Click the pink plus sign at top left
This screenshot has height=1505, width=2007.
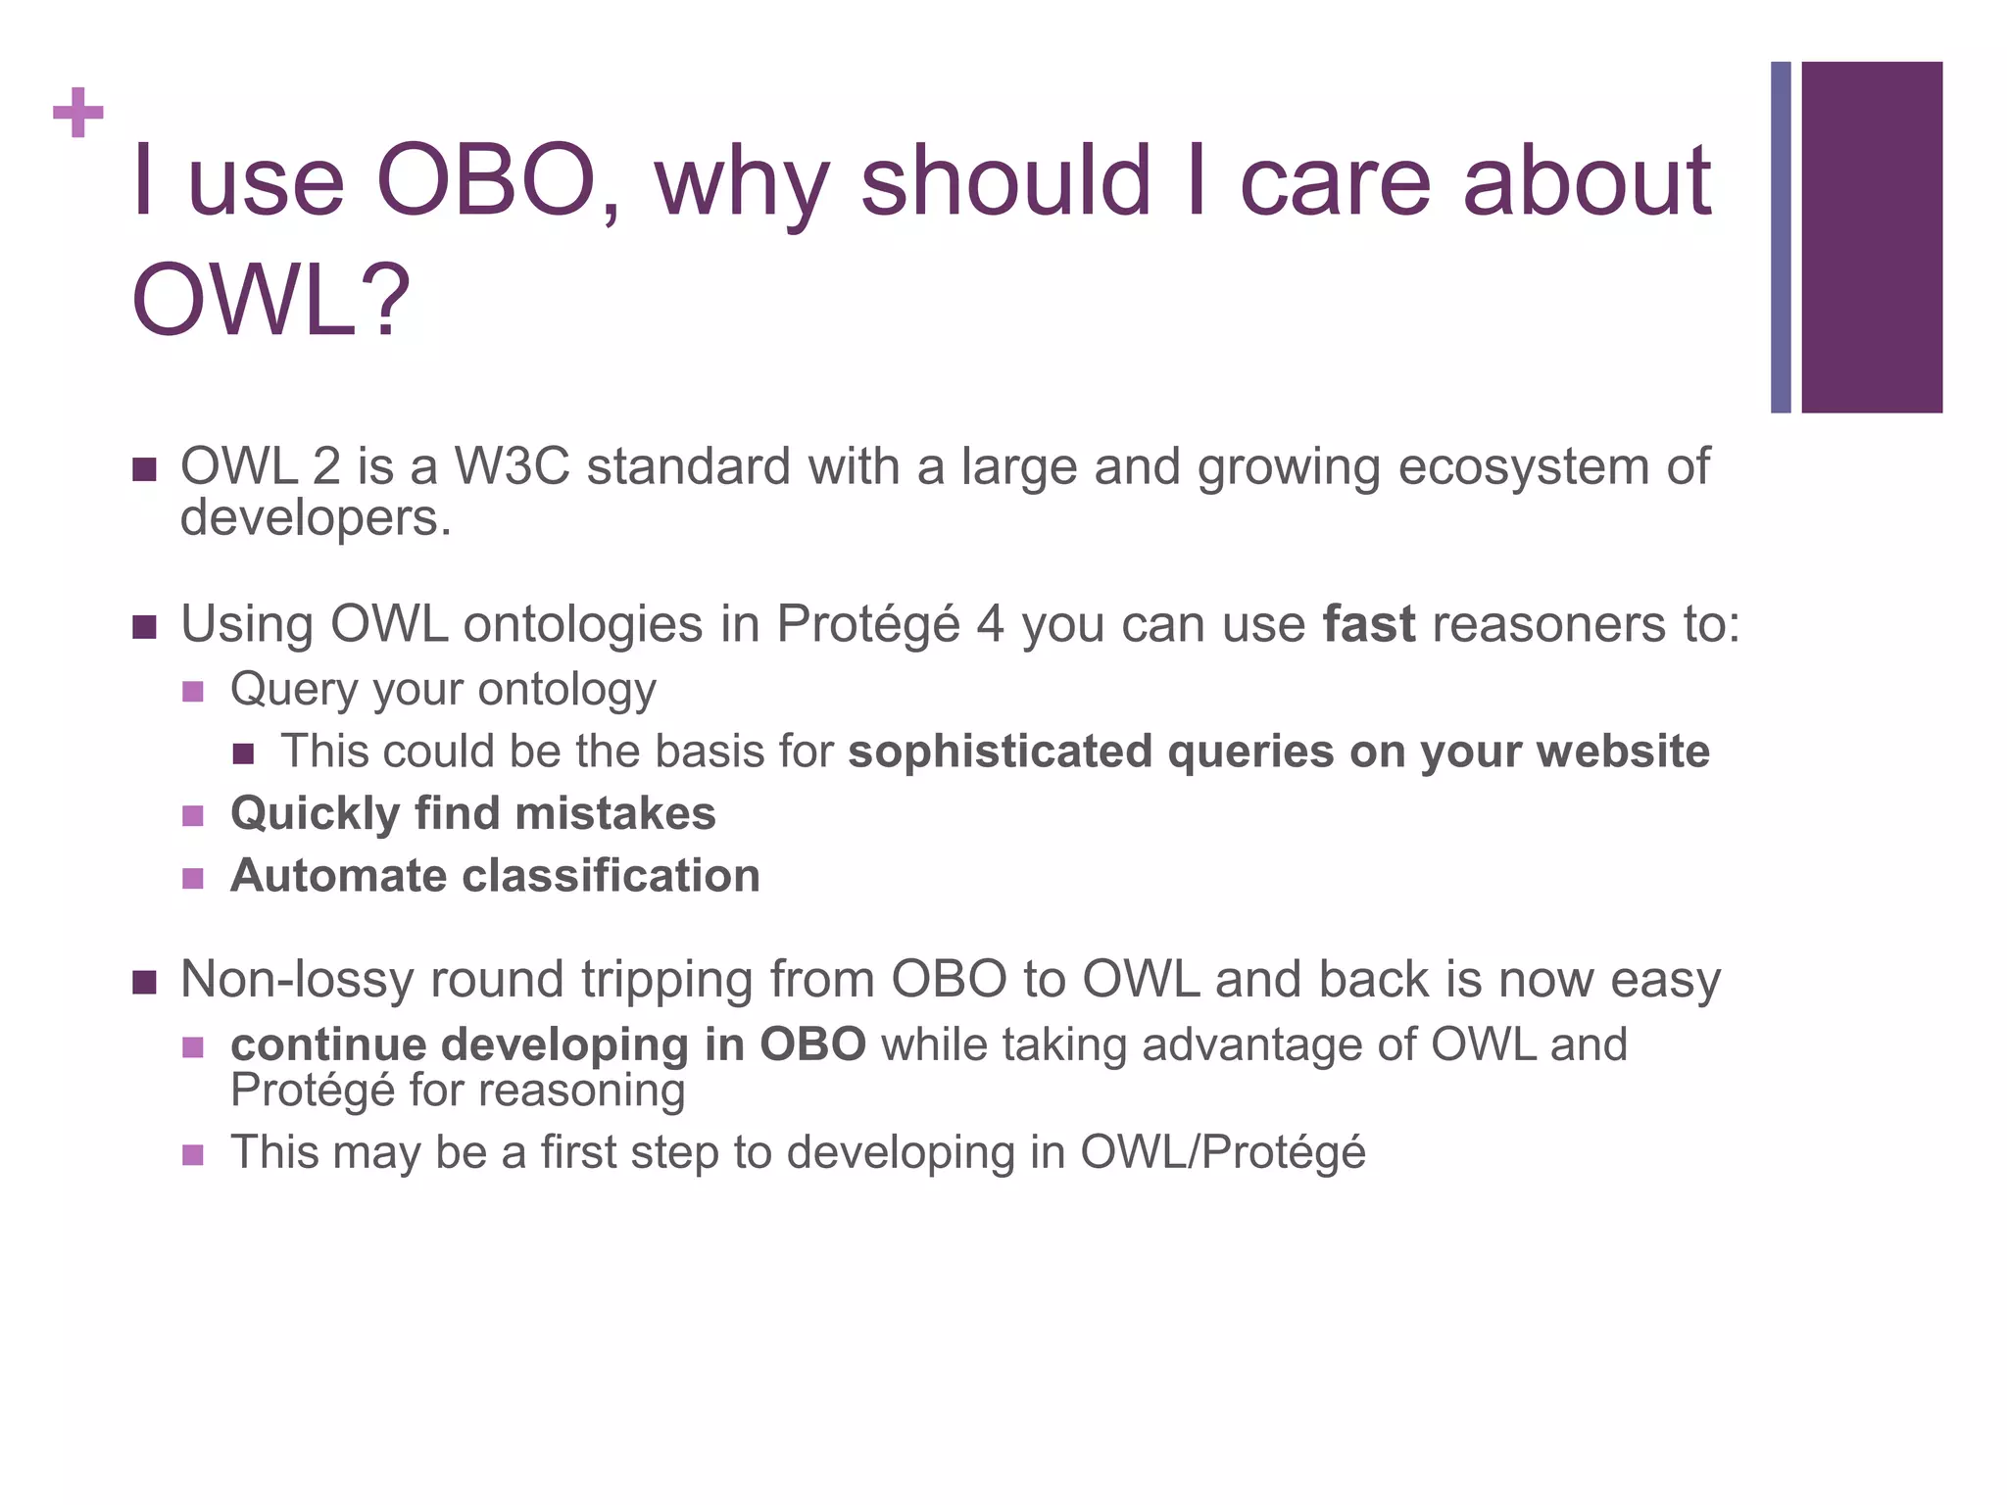78,113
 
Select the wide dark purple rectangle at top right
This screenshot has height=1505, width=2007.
1871,237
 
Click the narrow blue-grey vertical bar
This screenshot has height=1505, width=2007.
1780,237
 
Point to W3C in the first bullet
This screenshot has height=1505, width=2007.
512,466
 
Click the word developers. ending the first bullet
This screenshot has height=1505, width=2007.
316,517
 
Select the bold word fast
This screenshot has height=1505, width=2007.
1368,624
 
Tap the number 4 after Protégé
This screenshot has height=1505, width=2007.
990,624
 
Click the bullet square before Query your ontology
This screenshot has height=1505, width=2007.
193,692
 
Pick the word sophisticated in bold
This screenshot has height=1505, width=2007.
1000,752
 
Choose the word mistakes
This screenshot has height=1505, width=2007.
614,813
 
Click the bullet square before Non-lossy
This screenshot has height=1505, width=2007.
144,982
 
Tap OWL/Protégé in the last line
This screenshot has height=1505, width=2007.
1222,1152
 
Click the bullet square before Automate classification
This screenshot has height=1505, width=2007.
193,878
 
